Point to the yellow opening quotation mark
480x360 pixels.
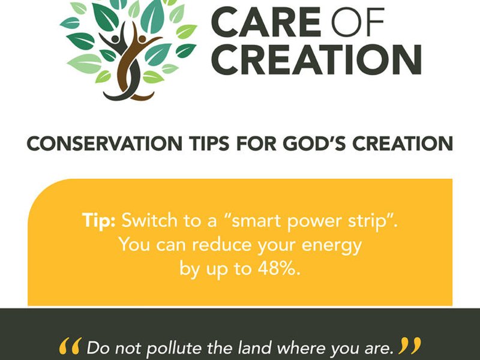71,346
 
